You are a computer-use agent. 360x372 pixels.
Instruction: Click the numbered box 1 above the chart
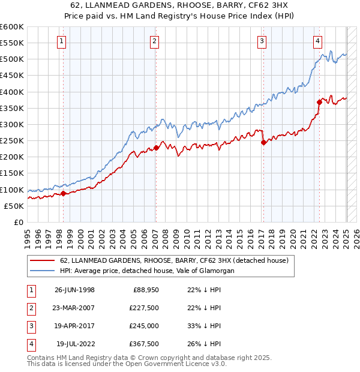62,41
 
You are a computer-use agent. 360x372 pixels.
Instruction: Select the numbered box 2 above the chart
155,41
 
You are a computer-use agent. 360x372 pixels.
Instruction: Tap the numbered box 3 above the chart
262,41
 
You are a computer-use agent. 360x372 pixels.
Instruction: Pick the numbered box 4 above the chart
317,41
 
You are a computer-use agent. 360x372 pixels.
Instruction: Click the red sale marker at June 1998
64,193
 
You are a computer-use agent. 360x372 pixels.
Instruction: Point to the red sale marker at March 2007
156,148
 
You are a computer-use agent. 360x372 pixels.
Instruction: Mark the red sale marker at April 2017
263,142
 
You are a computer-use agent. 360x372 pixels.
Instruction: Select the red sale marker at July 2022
319,103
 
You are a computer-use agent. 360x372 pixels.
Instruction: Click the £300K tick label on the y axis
12,124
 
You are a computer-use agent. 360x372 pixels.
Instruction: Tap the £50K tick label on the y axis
14,206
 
